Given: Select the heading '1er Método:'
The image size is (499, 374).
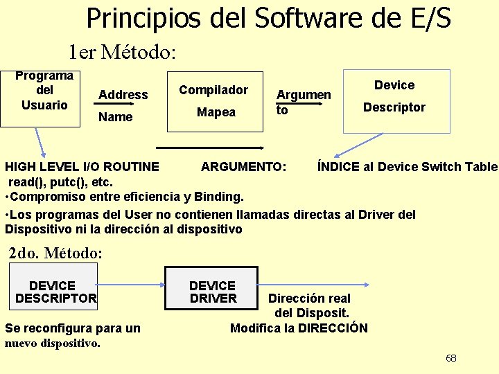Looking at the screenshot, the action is point(122,52).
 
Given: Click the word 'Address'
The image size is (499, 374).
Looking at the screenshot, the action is point(123,95).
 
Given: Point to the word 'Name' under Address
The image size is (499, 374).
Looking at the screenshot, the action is point(116,117).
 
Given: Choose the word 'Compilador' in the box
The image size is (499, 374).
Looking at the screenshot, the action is point(213,90).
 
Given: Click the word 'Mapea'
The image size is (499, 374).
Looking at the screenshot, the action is point(216,112).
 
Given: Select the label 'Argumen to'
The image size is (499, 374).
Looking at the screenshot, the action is point(303,101).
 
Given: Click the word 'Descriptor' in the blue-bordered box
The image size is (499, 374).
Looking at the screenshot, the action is point(394,107).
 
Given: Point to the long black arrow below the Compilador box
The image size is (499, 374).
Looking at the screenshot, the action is point(210,147).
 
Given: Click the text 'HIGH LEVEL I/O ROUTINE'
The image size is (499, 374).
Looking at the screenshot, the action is point(82,167).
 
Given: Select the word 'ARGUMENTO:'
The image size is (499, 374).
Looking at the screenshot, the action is point(243,167).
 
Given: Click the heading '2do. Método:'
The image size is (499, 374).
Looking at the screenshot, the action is point(55,253).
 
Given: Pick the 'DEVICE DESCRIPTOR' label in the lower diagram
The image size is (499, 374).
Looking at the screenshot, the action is point(55,292).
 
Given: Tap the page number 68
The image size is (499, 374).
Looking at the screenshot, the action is point(451,358).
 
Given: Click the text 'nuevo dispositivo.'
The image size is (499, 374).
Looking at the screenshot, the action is point(53,343).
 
